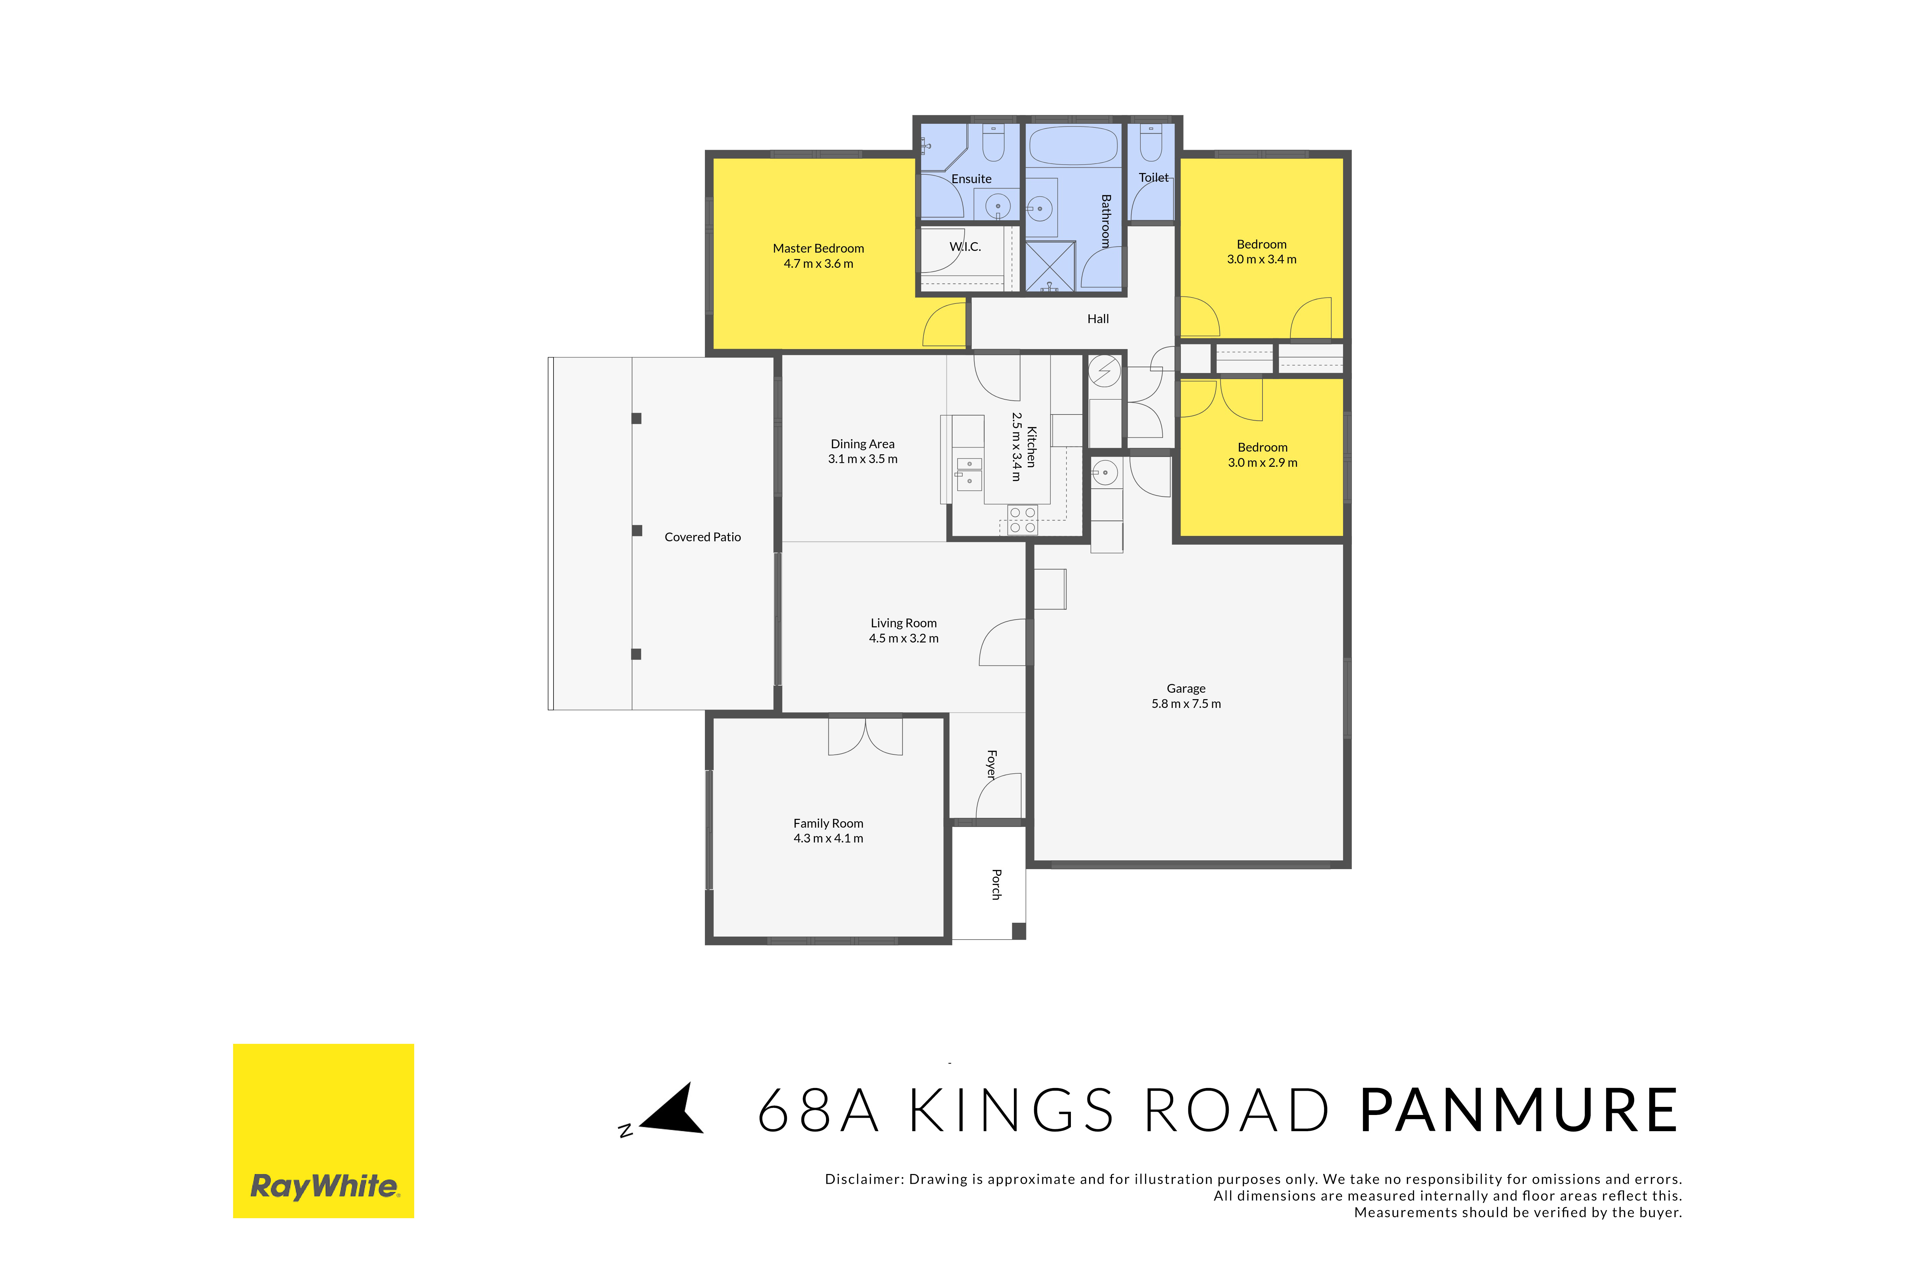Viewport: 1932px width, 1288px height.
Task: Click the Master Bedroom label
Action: (818, 248)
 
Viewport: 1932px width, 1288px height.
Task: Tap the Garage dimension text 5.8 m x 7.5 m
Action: (1186, 704)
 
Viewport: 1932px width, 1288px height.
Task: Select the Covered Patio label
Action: (702, 537)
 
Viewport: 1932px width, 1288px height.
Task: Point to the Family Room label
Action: (828, 823)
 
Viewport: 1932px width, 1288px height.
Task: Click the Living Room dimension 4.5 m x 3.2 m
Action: (904, 638)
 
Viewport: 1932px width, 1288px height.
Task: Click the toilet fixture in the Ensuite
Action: (994, 141)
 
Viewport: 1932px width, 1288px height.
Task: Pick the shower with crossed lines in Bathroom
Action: (1050, 266)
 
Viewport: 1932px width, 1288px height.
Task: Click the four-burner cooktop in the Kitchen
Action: (1023, 520)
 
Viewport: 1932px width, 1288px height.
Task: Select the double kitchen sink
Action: (969, 474)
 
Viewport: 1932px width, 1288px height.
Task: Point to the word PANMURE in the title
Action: (1519, 1111)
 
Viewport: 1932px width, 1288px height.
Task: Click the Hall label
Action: (1098, 319)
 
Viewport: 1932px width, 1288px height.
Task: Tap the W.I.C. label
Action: (965, 247)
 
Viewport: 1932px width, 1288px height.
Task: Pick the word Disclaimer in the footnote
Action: (862, 1180)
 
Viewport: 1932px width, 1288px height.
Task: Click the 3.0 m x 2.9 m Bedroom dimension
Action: (1262, 462)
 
